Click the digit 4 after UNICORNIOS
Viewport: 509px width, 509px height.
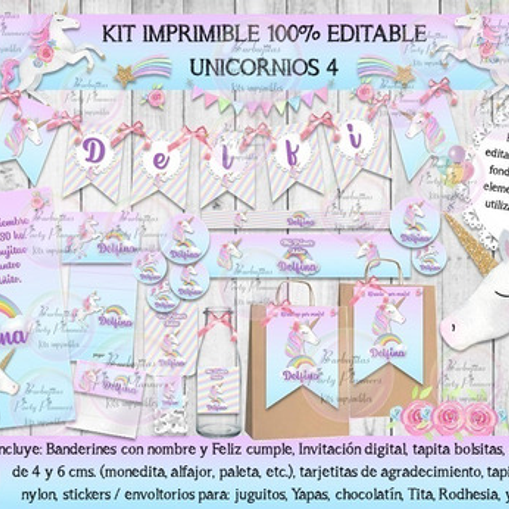[332, 67]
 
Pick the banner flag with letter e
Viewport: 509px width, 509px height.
[161, 163]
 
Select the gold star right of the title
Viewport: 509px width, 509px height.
[404, 75]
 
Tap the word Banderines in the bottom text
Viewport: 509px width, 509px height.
[81, 450]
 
